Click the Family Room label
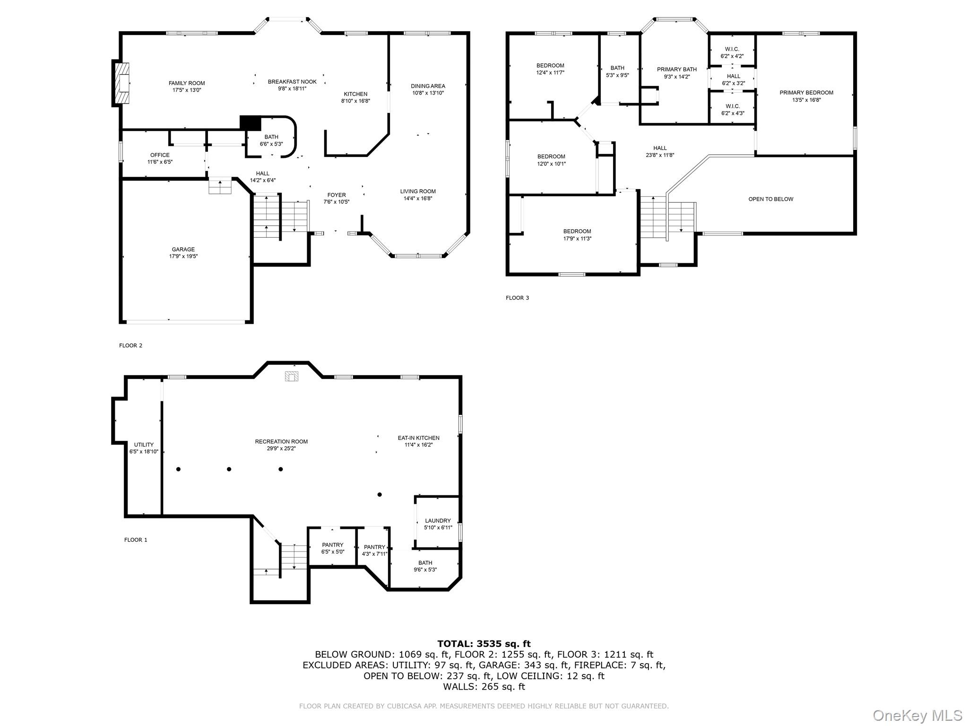tap(187, 83)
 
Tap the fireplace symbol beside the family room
tap(121, 83)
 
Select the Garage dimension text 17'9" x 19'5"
tap(183, 256)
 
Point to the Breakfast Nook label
tap(292, 82)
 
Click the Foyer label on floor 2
tap(337, 195)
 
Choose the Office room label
tap(160, 155)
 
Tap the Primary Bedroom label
tap(806, 93)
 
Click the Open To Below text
tap(771, 199)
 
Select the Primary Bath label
tap(677, 69)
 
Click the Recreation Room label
tap(281, 441)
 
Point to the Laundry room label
tap(438, 521)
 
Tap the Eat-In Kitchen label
tap(418, 438)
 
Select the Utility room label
tap(144, 445)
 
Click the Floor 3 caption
tap(518, 298)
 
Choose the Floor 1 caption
tap(136, 540)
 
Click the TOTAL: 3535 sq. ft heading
tap(484, 643)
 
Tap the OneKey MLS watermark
tap(917, 716)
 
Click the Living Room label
tap(418, 191)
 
